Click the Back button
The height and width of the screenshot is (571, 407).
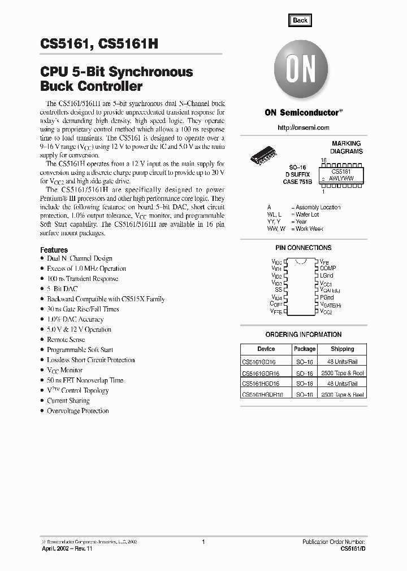(x=300, y=20)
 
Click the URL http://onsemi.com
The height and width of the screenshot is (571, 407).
(x=304, y=128)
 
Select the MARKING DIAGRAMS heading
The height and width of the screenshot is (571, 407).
(x=347, y=148)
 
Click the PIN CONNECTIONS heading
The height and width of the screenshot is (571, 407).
(x=304, y=248)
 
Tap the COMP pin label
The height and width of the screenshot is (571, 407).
(x=327, y=269)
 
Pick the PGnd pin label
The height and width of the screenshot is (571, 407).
(x=326, y=297)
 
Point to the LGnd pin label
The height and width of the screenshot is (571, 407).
(x=326, y=276)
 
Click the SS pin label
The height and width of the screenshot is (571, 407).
(x=278, y=289)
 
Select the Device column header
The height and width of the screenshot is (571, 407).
(x=266, y=349)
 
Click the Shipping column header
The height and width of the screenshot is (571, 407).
(x=343, y=349)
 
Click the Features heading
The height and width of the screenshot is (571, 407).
(x=54, y=250)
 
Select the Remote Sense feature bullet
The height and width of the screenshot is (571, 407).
(x=66, y=340)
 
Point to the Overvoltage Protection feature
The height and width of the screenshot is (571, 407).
(x=78, y=411)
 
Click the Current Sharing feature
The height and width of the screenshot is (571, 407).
(x=68, y=401)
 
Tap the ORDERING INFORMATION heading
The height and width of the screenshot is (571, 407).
(x=303, y=335)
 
